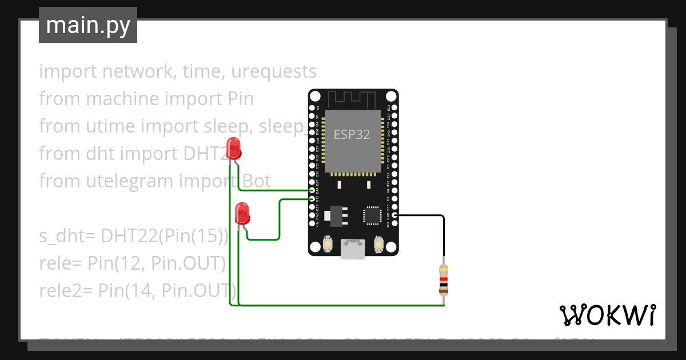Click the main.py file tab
click(87, 25)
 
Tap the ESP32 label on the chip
click(352, 135)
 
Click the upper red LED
click(233, 148)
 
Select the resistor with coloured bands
click(444, 279)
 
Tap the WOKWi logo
click(607, 315)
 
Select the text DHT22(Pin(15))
click(165, 235)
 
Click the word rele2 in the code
click(61, 290)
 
